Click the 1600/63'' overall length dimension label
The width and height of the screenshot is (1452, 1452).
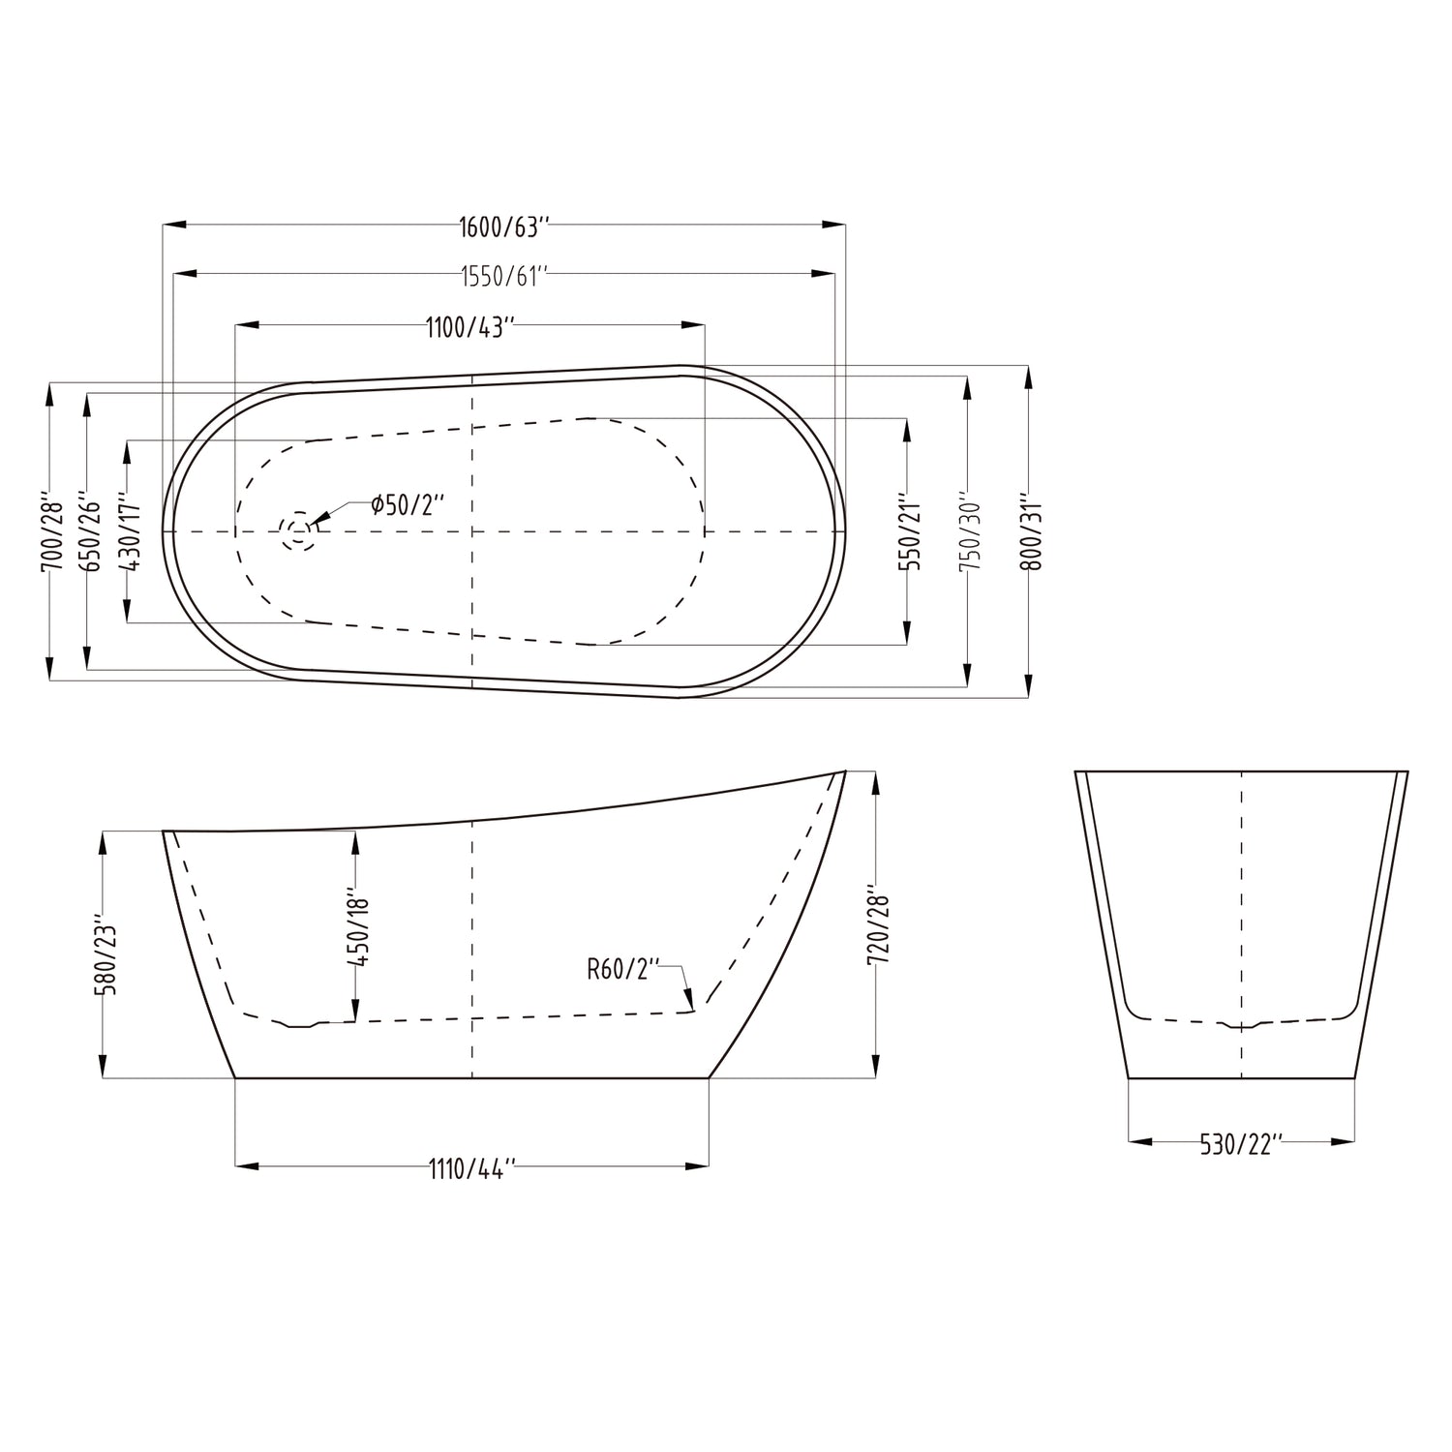click(503, 228)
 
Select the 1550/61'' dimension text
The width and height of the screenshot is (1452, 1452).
click(503, 277)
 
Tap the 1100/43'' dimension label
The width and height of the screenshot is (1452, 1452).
click(469, 328)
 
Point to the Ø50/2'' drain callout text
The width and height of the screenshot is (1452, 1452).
click(407, 505)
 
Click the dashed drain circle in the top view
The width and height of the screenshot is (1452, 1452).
click(297, 531)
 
